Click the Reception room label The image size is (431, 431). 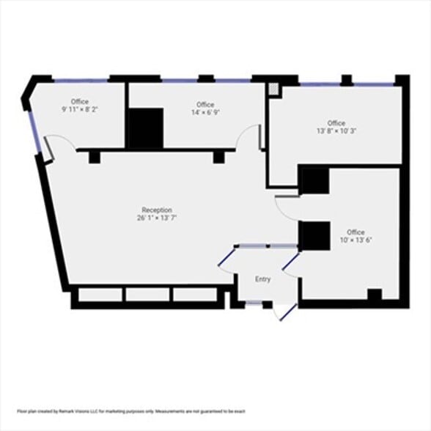157,210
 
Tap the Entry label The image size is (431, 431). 262,279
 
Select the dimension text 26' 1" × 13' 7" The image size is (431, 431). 157,218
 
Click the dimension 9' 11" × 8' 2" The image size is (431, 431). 80,109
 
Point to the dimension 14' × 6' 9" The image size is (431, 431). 205,113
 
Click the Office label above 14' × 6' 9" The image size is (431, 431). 205,105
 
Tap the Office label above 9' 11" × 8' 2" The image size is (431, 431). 80,101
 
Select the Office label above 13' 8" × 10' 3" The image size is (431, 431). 336,123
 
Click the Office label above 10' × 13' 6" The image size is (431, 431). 356,232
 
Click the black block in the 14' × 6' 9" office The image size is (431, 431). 145,128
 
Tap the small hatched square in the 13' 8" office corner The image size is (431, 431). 273,89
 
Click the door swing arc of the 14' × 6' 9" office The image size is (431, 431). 251,136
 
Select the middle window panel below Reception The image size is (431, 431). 148,295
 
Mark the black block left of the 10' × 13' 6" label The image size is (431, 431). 314,235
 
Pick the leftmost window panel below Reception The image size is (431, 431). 100,295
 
